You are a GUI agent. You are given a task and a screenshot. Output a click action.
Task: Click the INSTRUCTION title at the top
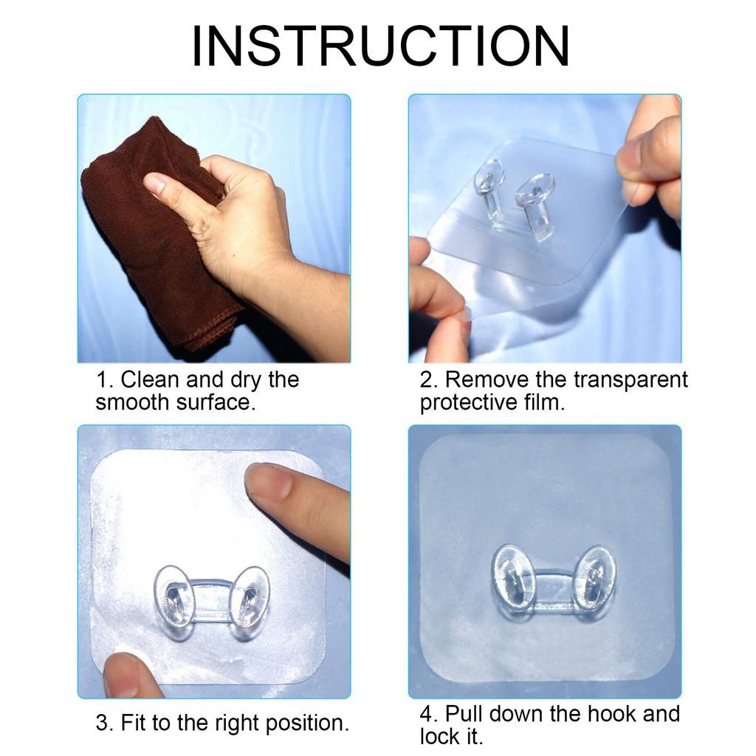pyautogui.click(x=380, y=47)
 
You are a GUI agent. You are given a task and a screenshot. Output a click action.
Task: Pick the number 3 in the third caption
pyautogui.click(x=102, y=723)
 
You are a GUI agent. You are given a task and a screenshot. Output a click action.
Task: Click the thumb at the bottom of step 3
pyautogui.click(x=129, y=676)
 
